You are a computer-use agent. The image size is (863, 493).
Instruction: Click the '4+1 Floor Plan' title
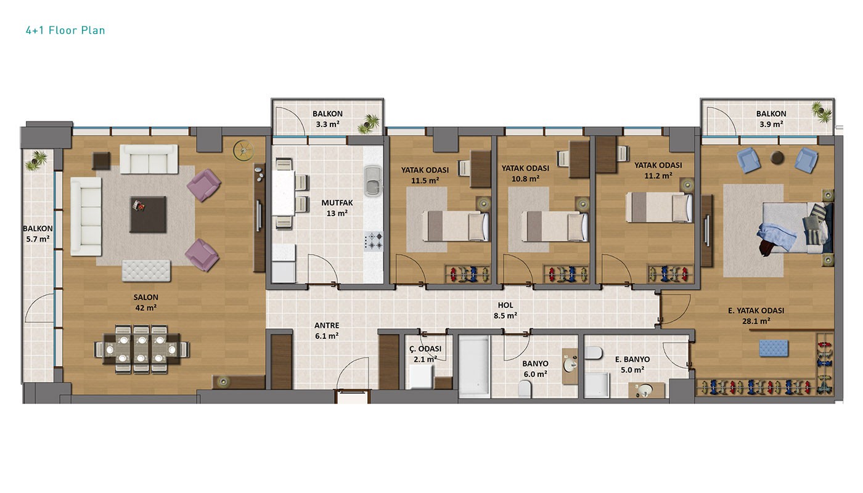point(65,30)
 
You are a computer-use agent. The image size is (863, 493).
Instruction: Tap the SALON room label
point(145,297)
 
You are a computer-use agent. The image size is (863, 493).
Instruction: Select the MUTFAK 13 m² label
point(337,208)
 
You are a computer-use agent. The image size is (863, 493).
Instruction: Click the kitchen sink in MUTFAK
point(372,180)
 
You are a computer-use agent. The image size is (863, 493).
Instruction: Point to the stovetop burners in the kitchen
point(374,241)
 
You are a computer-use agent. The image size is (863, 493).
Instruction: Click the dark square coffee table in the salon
point(149,214)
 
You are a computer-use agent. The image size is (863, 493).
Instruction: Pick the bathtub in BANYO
point(474,366)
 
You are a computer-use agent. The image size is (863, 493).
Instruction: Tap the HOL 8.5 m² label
point(505,311)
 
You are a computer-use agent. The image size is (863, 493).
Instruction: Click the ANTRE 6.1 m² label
point(327,330)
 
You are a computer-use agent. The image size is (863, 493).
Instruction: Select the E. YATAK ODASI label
point(756,311)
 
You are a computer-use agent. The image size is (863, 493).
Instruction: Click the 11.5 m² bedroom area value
point(425,181)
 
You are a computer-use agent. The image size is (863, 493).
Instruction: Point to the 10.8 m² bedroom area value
point(525,179)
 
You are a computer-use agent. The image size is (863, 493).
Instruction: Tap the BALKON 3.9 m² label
point(771,119)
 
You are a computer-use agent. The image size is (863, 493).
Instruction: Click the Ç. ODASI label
point(425,349)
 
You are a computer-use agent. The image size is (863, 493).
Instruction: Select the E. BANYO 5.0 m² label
point(632,364)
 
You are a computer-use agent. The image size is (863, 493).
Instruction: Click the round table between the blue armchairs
point(777,158)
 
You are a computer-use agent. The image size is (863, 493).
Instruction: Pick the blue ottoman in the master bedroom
point(774,348)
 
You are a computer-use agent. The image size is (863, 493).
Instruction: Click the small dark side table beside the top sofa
point(101,161)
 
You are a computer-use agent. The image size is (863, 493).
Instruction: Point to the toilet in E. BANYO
point(594,352)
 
